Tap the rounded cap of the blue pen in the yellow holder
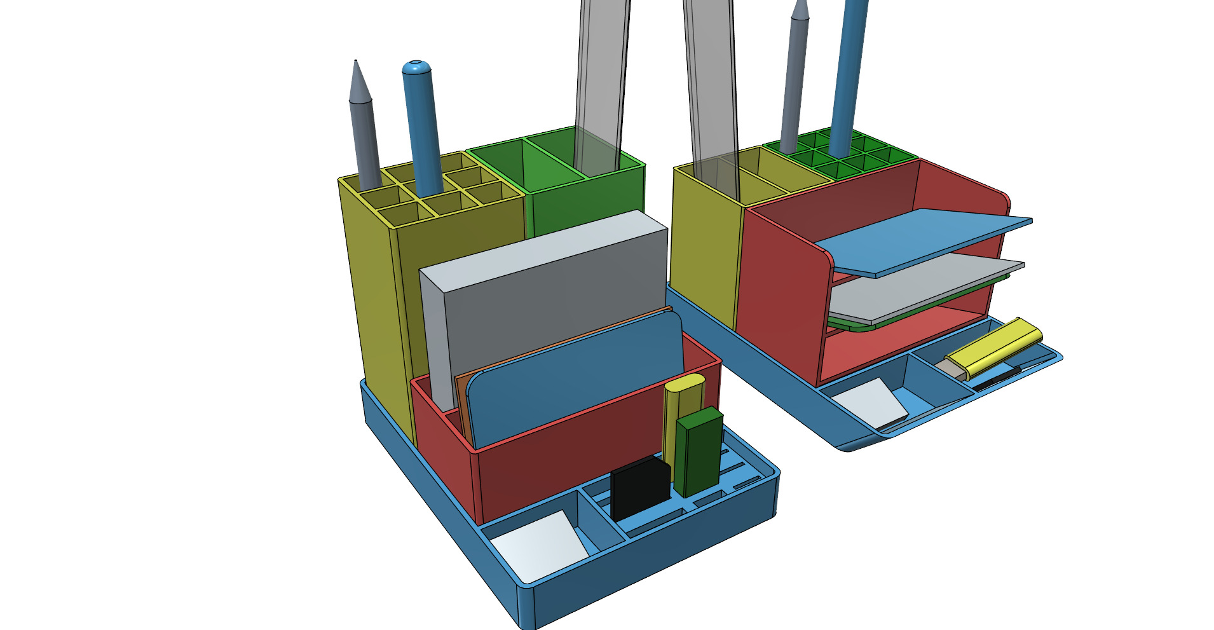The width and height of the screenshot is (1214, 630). (416, 67)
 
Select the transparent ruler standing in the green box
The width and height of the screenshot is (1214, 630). (601, 83)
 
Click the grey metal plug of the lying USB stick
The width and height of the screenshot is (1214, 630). (951, 367)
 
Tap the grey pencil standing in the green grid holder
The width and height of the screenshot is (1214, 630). (795, 83)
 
